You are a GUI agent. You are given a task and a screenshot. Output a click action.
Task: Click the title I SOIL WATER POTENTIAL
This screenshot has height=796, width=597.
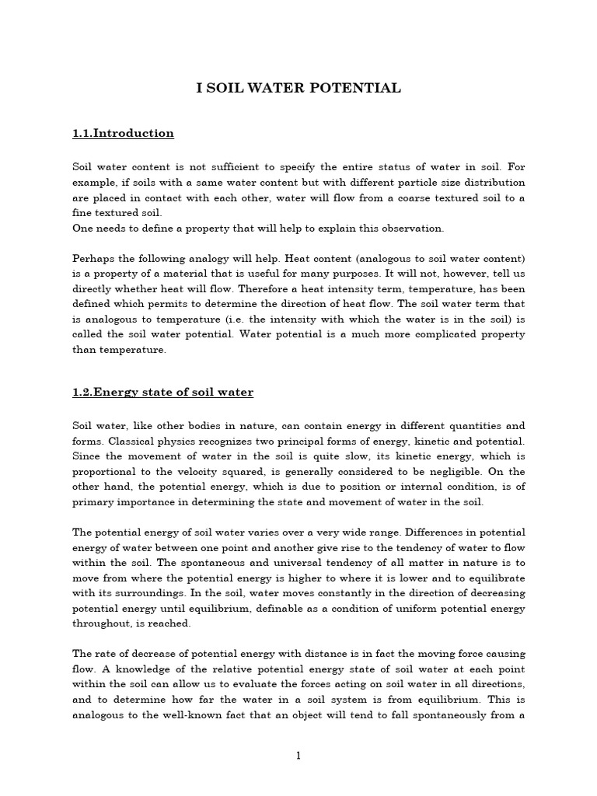click(298, 89)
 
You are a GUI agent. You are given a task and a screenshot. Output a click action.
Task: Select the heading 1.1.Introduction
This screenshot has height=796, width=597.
click(123, 134)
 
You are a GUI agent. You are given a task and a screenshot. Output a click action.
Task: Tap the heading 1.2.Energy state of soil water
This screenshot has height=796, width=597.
click(162, 393)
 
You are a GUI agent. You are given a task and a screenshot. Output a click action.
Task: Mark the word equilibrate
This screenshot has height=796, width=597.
click(495, 578)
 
